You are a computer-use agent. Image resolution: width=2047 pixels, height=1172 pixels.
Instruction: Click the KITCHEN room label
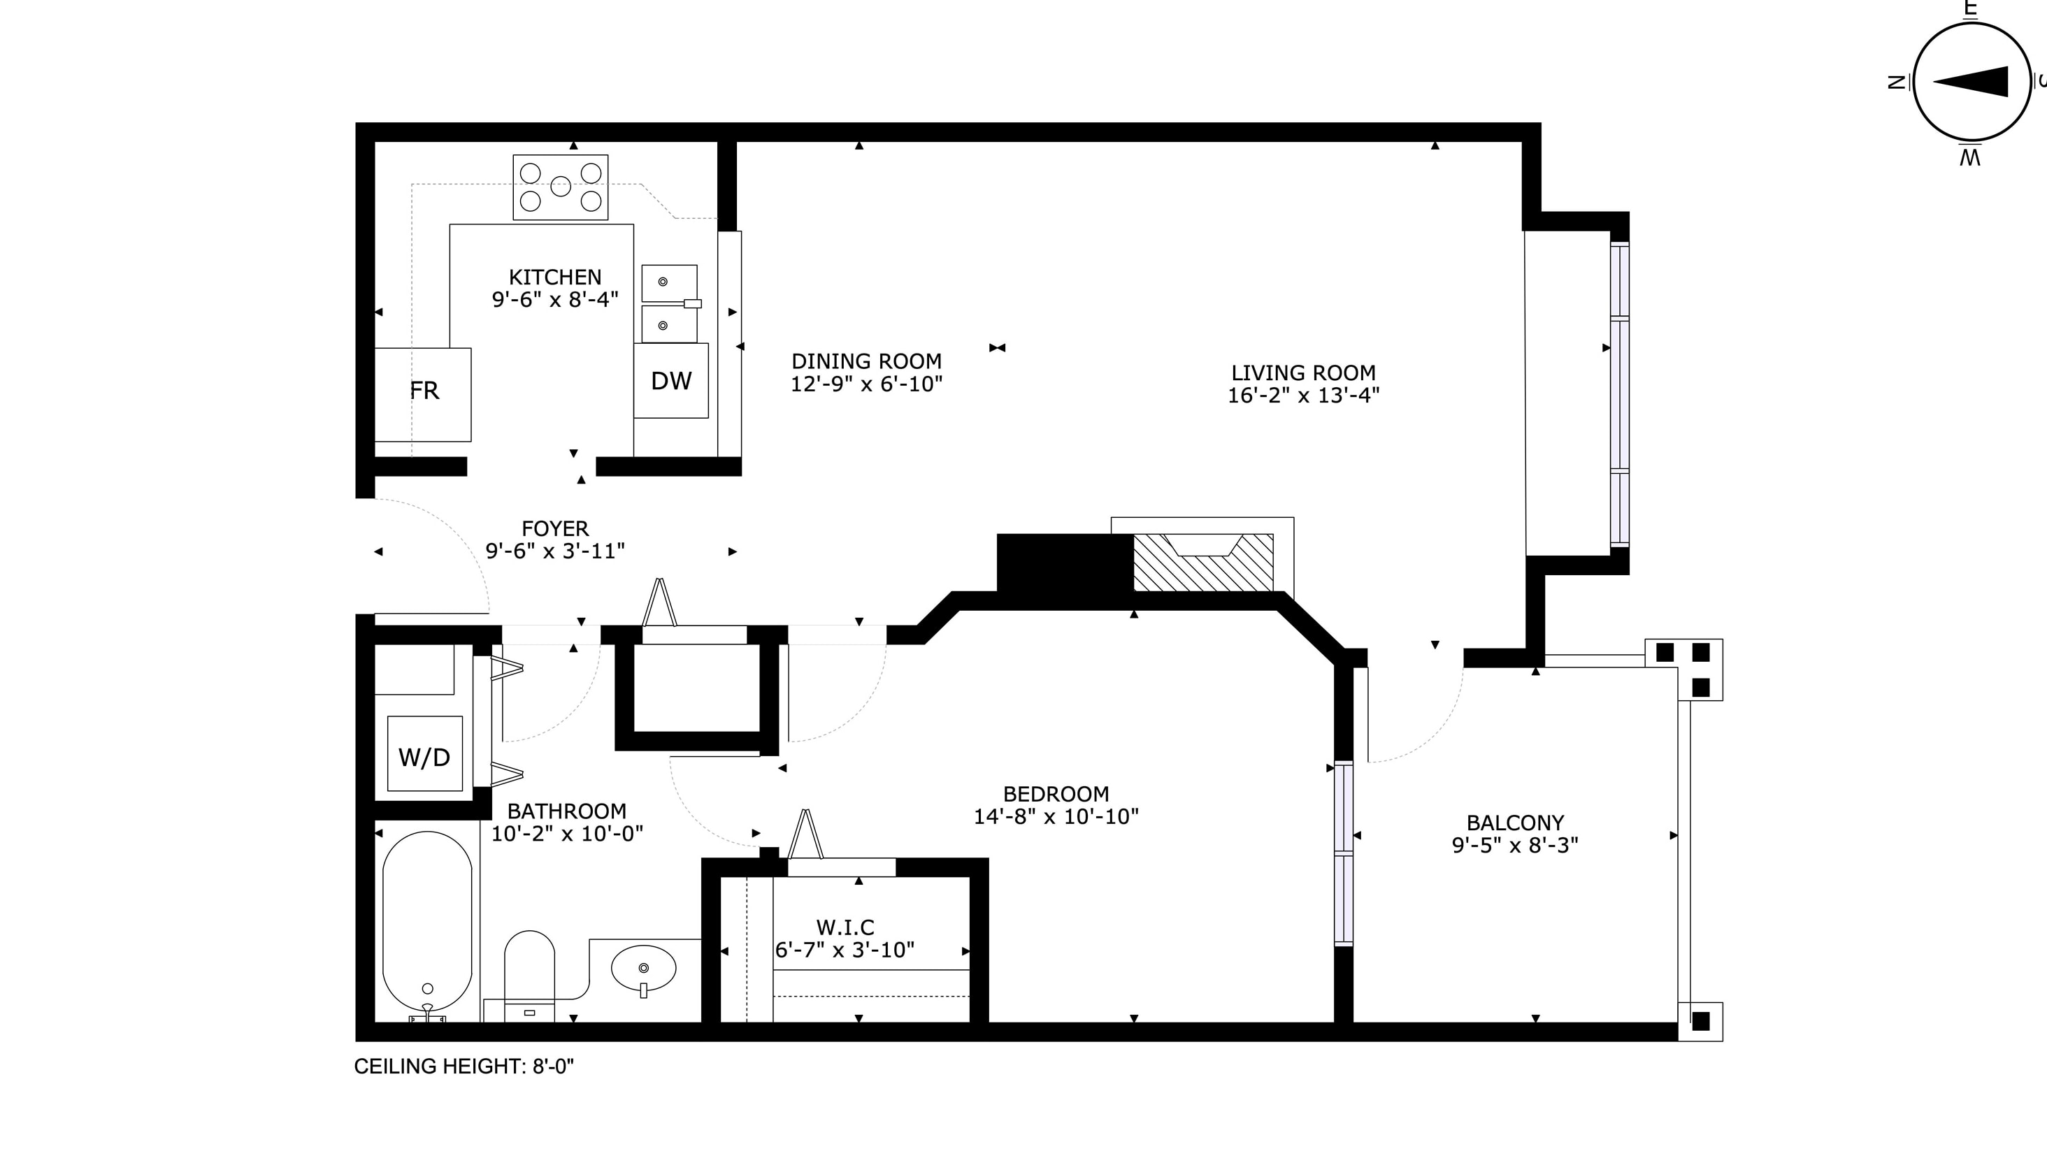tap(554, 277)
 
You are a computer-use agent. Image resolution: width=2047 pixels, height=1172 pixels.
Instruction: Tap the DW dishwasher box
tap(670, 381)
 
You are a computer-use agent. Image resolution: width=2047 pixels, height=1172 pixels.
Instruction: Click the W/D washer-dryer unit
tap(424, 753)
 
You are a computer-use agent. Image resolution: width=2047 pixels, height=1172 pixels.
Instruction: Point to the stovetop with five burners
tap(560, 187)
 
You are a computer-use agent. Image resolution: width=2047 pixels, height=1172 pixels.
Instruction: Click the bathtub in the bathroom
tap(427, 927)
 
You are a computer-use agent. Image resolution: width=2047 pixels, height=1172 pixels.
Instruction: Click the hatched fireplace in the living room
tap(1202, 562)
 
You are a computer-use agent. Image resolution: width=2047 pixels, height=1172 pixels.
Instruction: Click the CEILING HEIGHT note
tap(464, 1066)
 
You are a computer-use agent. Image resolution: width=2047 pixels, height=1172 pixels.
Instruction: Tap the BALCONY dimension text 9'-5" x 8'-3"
tap(1515, 845)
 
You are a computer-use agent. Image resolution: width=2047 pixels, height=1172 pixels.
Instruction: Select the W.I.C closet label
tap(845, 927)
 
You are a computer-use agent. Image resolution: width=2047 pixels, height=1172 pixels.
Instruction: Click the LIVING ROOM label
tap(1303, 372)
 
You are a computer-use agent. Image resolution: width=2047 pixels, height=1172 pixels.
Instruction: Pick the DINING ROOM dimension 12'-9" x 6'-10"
tap(866, 384)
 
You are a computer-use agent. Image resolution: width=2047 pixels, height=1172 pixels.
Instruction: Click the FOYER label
tap(554, 529)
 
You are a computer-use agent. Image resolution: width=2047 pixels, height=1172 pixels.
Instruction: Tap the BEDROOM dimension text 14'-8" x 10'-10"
tap(1056, 816)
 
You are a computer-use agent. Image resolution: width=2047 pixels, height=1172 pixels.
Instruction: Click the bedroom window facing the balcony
tap(1344, 853)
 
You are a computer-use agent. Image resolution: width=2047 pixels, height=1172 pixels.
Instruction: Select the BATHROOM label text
tap(567, 811)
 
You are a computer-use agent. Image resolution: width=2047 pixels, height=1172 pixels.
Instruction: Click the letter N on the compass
tap(1897, 81)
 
